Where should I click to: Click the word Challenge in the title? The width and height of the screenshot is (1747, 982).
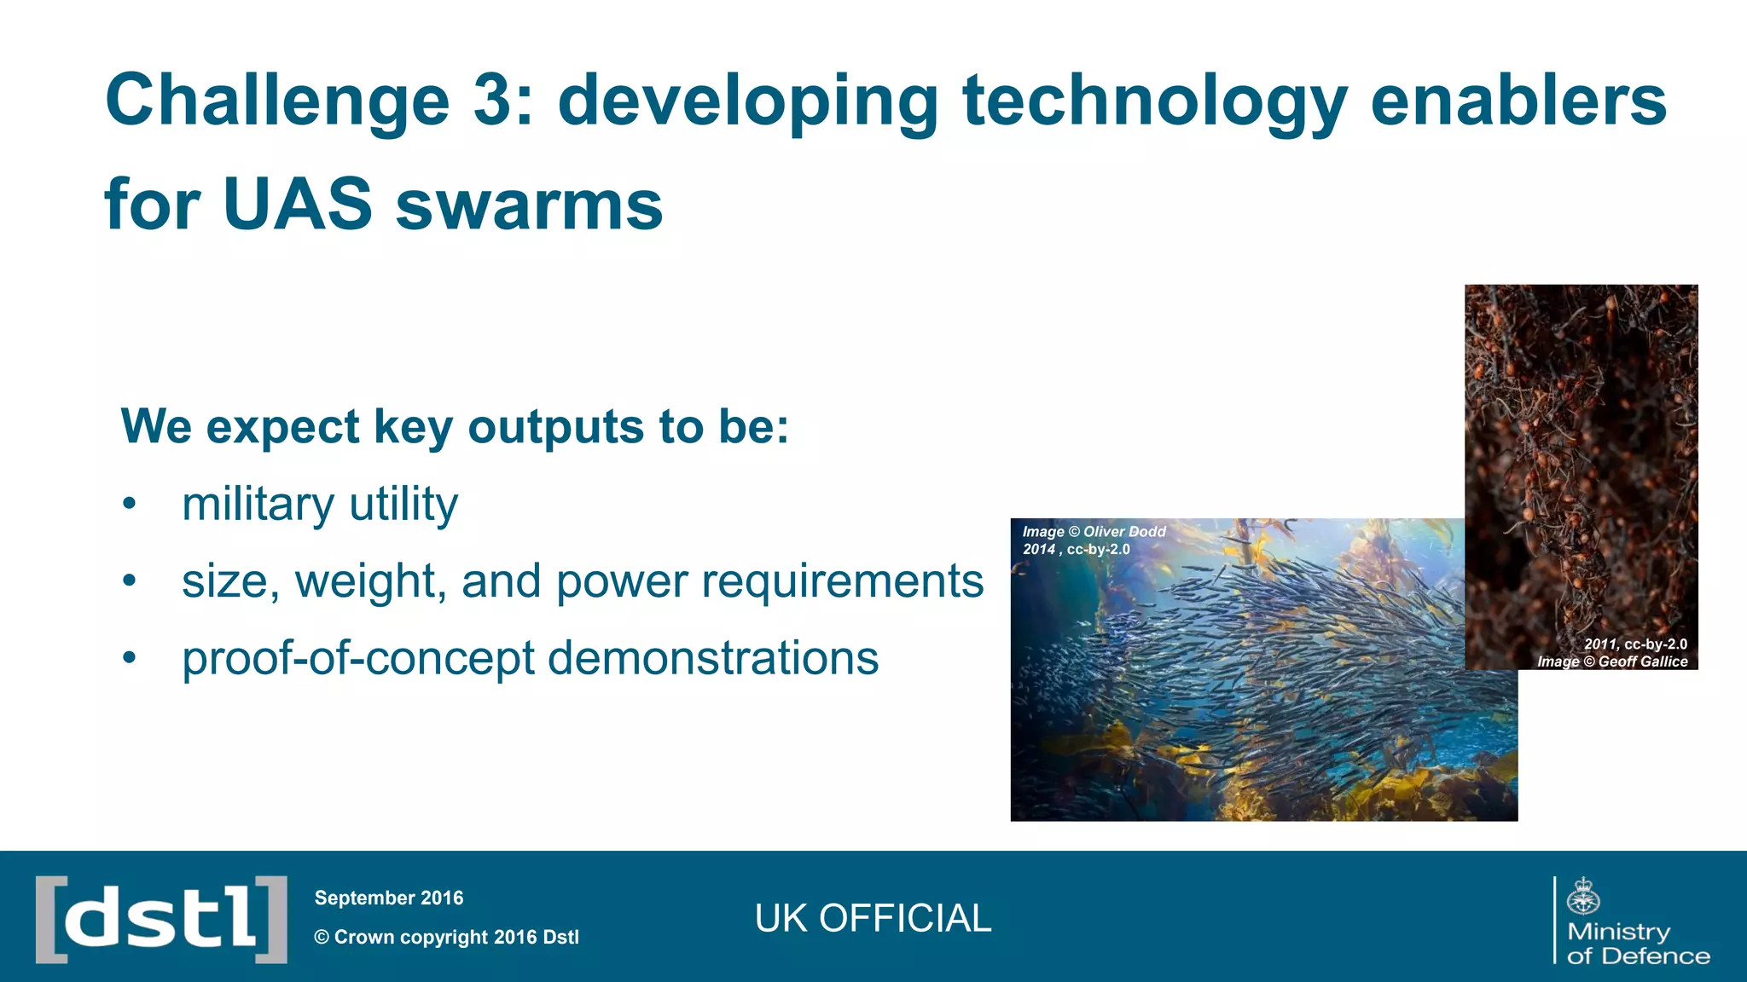(x=276, y=101)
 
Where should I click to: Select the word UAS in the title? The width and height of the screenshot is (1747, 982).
(x=298, y=205)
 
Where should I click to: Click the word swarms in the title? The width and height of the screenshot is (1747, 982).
(x=529, y=206)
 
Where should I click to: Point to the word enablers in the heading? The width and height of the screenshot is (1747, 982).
(x=1518, y=100)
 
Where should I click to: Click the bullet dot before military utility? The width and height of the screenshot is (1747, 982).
(x=129, y=504)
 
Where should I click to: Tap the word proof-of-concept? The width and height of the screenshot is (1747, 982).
(x=357, y=658)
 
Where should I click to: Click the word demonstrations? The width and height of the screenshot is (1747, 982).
(x=713, y=658)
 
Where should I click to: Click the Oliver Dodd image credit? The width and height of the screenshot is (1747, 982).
(x=1094, y=540)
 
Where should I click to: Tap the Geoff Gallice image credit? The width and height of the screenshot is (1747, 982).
(x=1612, y=653)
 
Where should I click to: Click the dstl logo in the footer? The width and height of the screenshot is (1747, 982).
(x=161, y=919)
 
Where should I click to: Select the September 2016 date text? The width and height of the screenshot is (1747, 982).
(x=389, y=898)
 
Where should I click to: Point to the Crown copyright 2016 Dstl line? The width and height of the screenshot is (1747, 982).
(x=446, y=937)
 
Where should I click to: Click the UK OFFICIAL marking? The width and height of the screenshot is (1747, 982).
(x=873, y=919)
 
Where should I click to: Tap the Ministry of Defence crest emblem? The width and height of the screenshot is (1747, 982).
(x=1583, y=896)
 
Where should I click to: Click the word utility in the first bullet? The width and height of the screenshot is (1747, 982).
(x=403, y=504)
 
